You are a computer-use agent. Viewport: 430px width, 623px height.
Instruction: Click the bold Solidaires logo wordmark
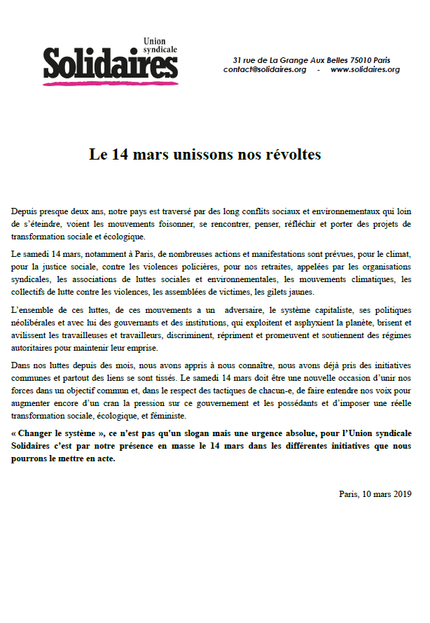[x=110, y=64]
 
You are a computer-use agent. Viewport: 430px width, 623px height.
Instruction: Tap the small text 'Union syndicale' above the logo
[x=159, y=46]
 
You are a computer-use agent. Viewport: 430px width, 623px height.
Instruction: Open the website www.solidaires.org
[x=365, y=69]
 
